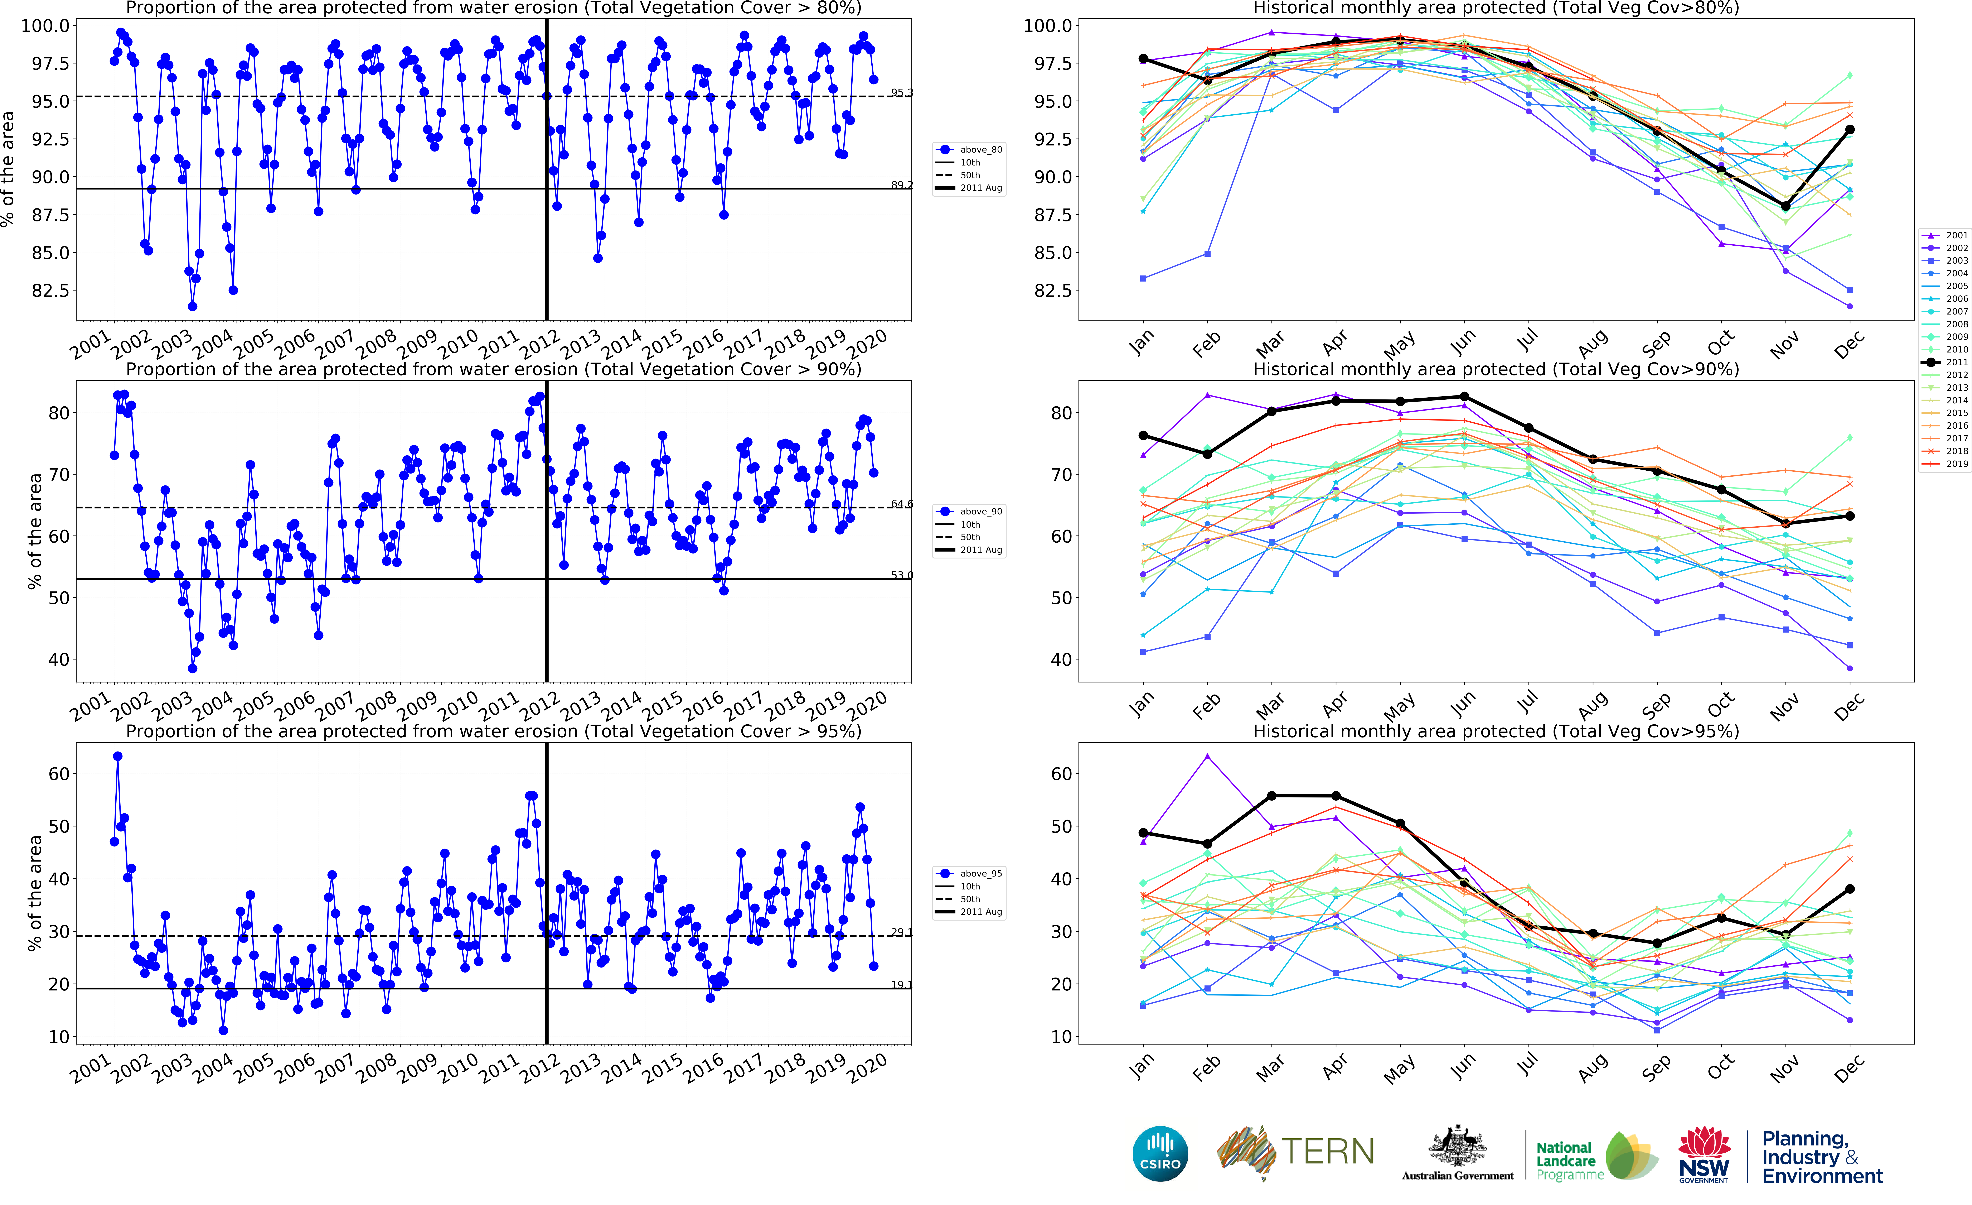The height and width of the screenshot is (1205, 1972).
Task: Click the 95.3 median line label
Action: (902, 93)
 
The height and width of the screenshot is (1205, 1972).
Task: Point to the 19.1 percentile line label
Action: (902, 985)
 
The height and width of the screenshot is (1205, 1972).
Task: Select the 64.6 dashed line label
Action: (902, 504)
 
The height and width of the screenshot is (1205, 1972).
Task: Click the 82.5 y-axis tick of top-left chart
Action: (50, 291)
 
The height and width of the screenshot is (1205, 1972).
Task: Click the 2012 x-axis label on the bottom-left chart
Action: (540, 1070)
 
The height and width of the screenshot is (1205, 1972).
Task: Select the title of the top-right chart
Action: (1496, 8)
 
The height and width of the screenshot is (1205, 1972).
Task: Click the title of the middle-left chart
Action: (494, 369)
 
